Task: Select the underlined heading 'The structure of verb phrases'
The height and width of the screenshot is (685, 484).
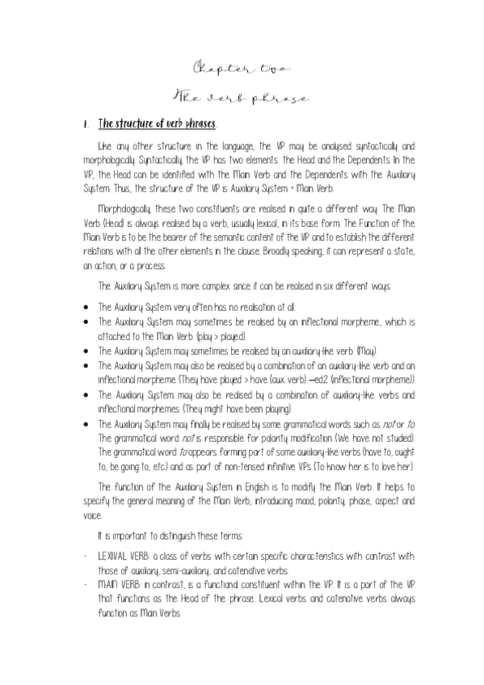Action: pos(157,124)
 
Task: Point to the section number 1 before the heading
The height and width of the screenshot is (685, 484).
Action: pos(85,125)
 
